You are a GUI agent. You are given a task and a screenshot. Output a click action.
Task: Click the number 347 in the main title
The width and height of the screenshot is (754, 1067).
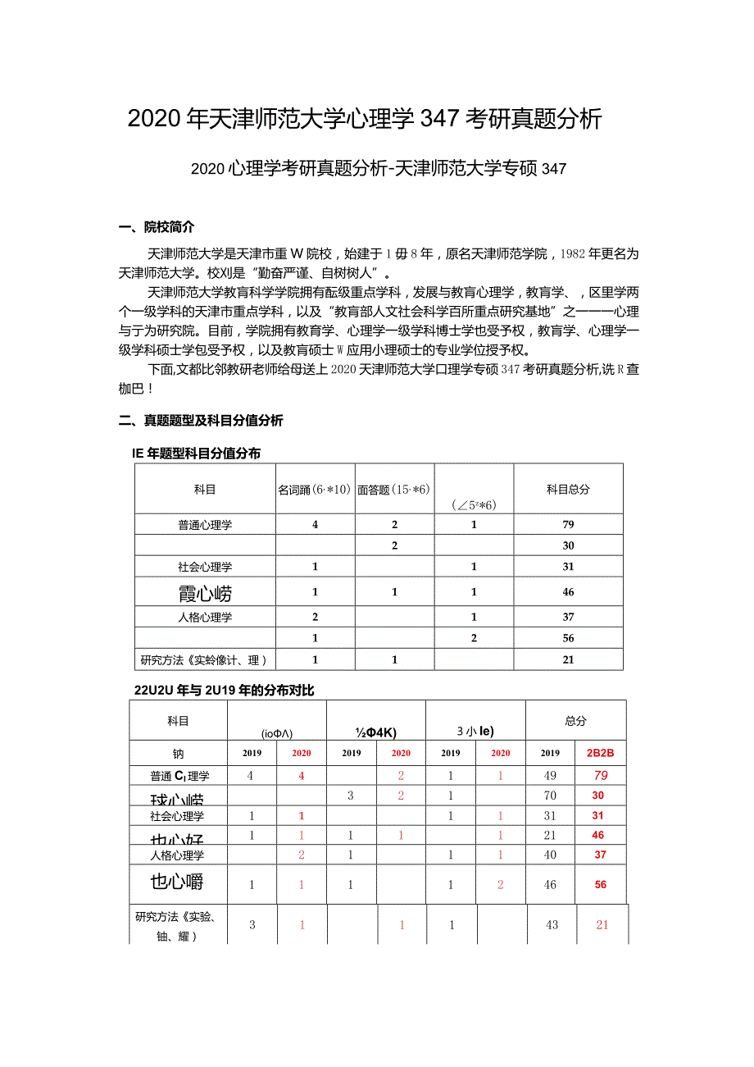click(x=440, y=120)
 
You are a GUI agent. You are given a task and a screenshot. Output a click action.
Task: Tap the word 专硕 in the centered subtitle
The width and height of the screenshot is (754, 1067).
click(x=520, y=169)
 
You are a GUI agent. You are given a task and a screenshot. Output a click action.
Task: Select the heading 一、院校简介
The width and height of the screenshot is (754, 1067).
click(x=157, y=227)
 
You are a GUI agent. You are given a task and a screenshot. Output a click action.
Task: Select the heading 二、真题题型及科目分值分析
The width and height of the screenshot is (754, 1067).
click(x=201, y=421)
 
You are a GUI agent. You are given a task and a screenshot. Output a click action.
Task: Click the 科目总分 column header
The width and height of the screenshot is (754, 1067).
click(x=568, y=489)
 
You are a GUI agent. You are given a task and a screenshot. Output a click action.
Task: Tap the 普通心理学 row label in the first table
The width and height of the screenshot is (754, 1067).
click(x=205, y=525)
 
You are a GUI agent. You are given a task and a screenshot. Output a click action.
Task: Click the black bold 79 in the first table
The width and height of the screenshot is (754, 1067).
click(x=568, y=525)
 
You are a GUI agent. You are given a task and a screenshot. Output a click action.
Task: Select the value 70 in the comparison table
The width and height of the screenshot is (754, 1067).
click(x=550, y=796)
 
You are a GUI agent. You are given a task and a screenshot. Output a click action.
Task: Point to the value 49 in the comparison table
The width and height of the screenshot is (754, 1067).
click(x=550, y=775)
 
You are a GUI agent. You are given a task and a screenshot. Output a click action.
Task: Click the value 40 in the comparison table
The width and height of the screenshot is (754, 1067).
click(x=550, y=855)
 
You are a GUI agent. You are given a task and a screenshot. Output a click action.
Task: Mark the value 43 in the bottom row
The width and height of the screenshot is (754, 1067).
click(x=552, y=924)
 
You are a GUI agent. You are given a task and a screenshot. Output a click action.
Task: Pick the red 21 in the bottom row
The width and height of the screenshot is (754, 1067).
click(x=602, y=924)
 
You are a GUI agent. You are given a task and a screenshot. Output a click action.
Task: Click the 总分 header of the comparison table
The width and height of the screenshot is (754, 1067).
click(x=575, y=721)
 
